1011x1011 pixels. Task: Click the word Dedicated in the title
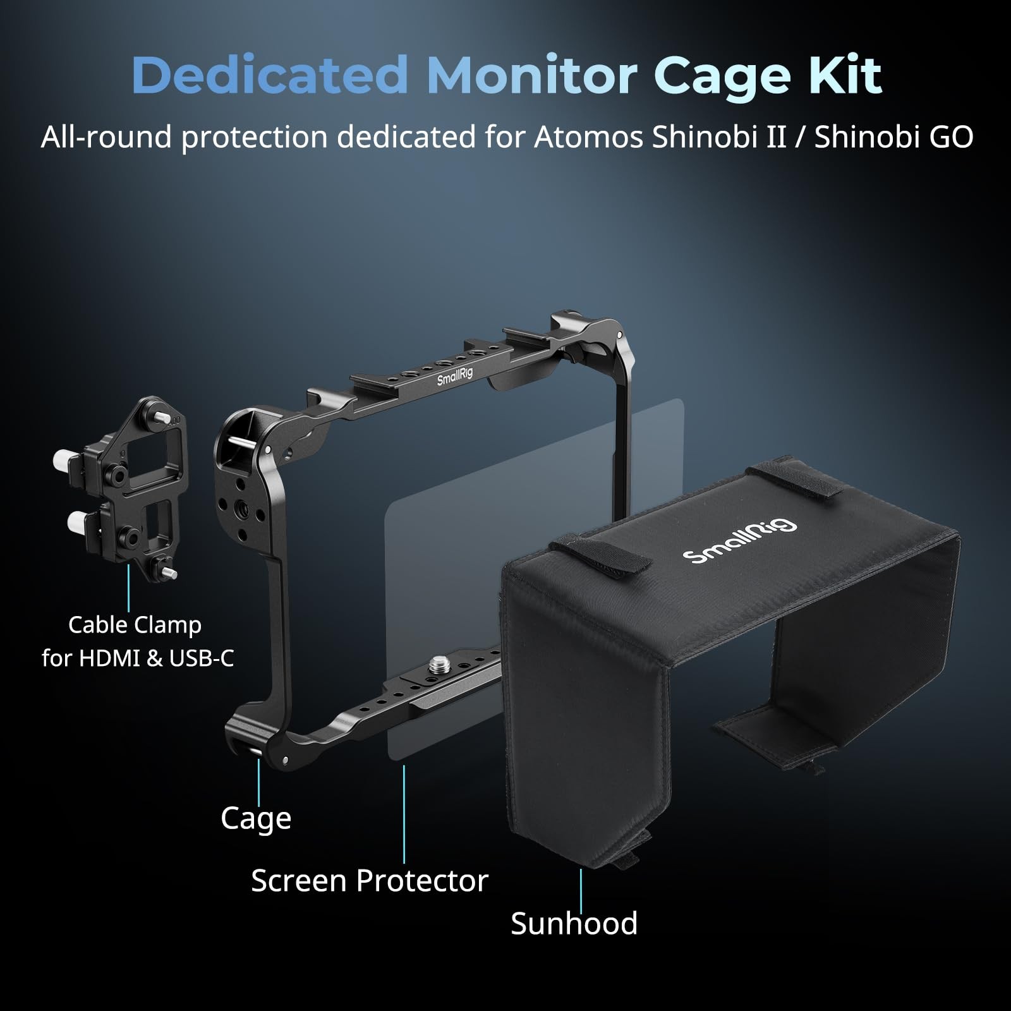pyautogui.click(x=270, y=76)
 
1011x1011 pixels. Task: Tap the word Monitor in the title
pyautogui.click(x=532, y=76)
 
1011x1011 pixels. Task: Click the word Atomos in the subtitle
pyautogui.click(x=588, y=138)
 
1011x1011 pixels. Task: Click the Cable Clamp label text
pyautogui.click(x=135, y=625)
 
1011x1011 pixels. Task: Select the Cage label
pyautogui.click(x=256, y=818)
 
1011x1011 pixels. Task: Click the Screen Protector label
pyautogui.click(x=370, y=880)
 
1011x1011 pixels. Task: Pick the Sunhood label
pyautogui.click(x=574, y=923)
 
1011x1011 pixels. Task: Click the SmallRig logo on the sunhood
pyautogui.click(x=740, y=542)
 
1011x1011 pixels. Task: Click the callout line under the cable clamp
pyautogui.click(x=129, y=588)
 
